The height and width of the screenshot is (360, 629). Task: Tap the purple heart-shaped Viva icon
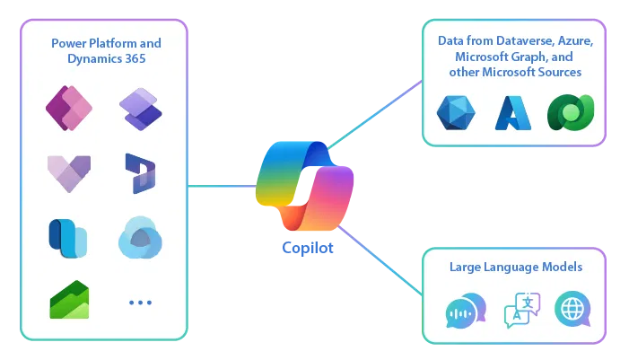coord(68,173)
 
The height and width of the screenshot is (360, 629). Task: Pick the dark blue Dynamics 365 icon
coord(141,173)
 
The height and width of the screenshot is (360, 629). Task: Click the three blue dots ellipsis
coord(141,303)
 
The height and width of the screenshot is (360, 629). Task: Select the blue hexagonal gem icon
coord(455,113)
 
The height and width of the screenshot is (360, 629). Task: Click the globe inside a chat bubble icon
coord(573,309)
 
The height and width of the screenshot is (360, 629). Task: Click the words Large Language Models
coord(516,268)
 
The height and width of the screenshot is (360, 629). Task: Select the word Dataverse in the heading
coord(514,41)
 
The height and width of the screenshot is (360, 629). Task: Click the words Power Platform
coord(88,43)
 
